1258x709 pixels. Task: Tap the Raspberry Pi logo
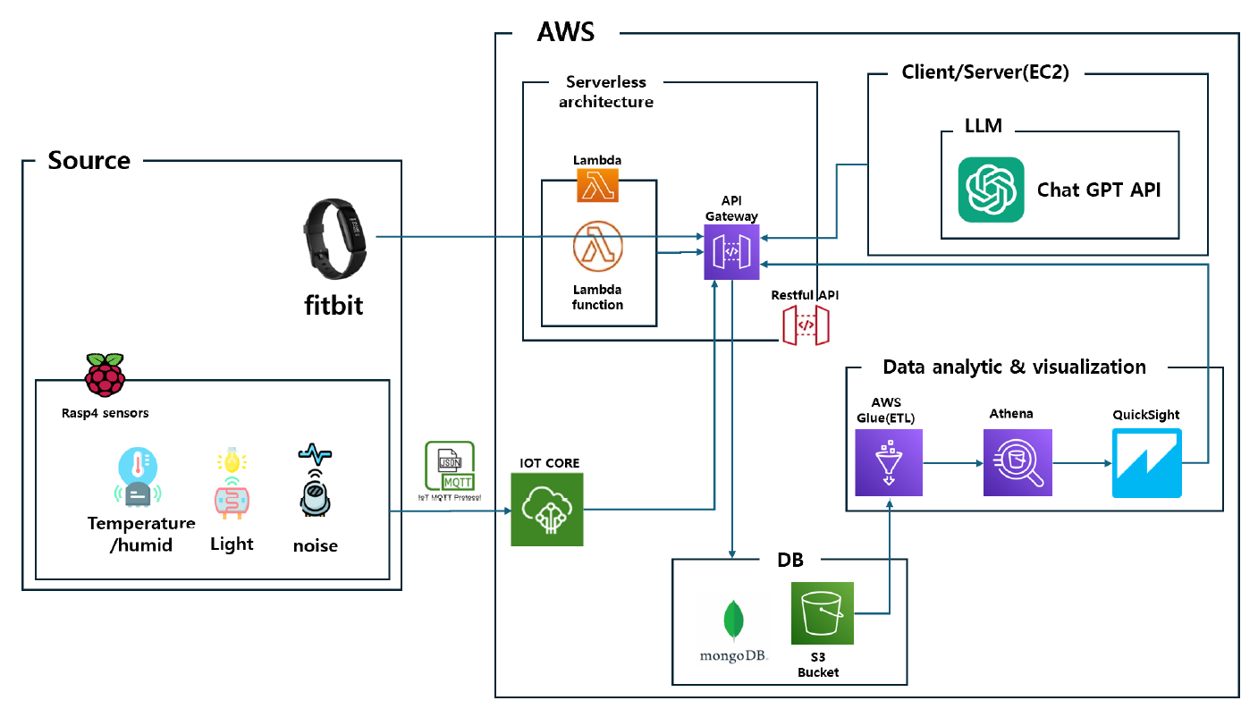tap(105, 375)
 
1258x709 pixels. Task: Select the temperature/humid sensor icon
tap(138, 479)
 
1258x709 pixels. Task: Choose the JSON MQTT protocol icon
tap(451, 466)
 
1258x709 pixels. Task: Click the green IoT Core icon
tap(546, 509)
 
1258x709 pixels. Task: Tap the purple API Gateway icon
tap(730, 252)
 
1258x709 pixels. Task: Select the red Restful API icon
tap(805, 325)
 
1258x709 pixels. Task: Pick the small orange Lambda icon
tap(598, 184)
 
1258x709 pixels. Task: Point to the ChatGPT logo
tap(991, 190)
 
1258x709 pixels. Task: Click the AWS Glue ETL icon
tap(888, 462)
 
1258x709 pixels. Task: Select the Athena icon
tap(1017, 462)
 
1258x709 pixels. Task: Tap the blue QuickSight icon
tap(1146, 462)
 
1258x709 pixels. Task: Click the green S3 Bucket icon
tap(822, 613)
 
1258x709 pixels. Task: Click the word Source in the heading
tap(89, 161)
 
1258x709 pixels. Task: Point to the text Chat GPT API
tap(1099, 190)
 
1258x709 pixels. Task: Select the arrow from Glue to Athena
tap(952, 463)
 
